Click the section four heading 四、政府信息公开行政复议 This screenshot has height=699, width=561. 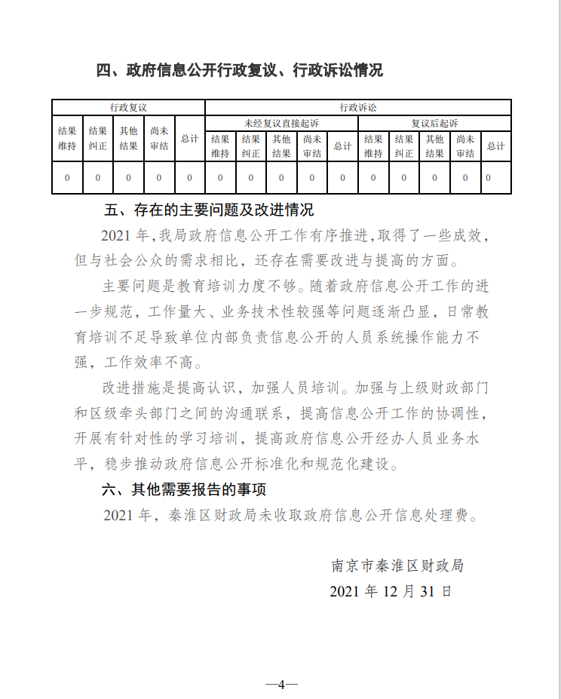(x=240, y=71)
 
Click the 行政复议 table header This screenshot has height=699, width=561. (x=128, y=108)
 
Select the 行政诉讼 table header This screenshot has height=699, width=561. (x=358, y=108)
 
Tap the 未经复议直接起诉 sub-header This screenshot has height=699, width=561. (x=281, y=123)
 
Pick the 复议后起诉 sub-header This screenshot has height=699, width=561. (x=434, y=123)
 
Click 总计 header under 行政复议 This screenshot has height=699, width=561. (x=189, y=139)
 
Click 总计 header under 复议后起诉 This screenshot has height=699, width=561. (x=495, y=146)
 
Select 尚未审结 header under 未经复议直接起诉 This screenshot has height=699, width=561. (x=312, y=146)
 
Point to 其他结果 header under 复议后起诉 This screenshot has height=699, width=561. (x=434, y=146)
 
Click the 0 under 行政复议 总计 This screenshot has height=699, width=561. (x=189, y=178)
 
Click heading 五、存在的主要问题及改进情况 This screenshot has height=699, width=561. (x=208, y=210)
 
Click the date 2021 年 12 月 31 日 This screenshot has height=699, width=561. (x=391, y=590)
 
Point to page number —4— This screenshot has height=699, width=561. (x=281, y=685)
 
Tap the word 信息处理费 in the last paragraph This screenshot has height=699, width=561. (x=431, y=517)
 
